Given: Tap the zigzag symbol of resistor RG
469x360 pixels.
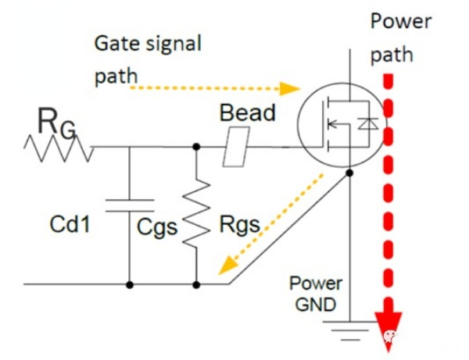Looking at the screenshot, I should point(59,147).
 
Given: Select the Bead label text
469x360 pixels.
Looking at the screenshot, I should point(247,112).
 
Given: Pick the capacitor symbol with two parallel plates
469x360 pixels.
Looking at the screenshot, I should point(129,205).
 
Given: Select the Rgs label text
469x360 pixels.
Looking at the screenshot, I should point(238,226).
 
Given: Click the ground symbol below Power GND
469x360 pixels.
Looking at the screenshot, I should point(349,329).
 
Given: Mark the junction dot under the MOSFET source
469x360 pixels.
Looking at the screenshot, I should point(349,174).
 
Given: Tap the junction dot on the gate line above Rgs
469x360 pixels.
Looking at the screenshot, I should point(196,146).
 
